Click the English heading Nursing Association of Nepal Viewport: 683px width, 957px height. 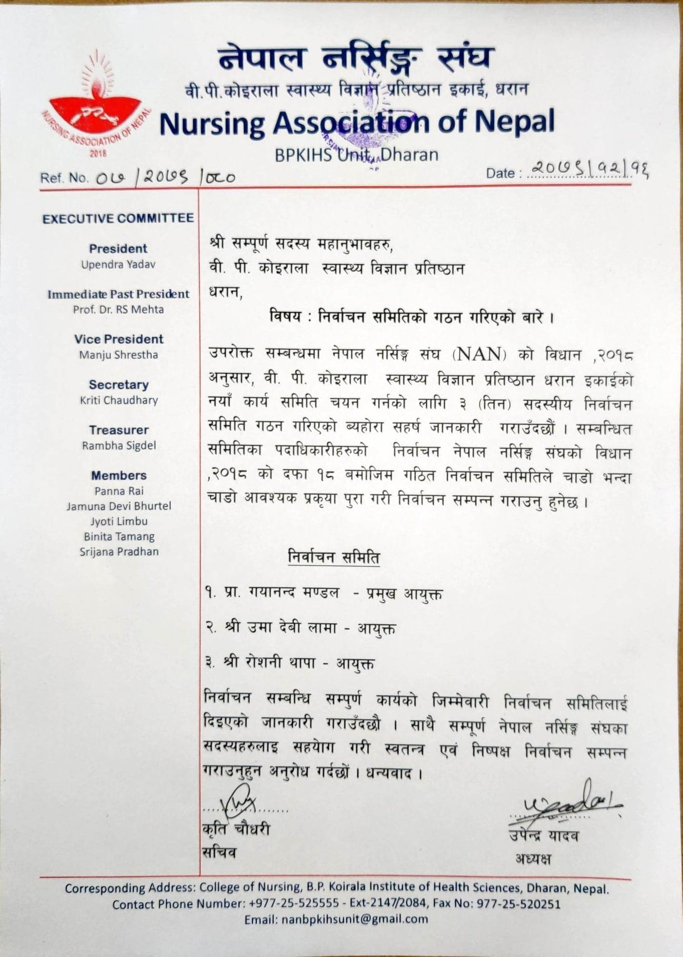(x=357, y=123)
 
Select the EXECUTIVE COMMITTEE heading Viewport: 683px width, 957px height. (x=118, y=219)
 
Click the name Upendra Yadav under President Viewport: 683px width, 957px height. (x=118, y=264)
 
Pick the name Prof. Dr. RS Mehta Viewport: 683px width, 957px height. (x=118, y=310)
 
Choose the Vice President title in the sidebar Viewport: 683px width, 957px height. (x=118, y=339)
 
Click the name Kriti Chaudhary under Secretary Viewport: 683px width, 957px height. (x=118, y=400)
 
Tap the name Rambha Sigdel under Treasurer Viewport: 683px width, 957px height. (x=118, y=445)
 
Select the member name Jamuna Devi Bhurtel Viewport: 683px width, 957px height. (x=118, y=506)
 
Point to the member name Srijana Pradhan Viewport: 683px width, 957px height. (x=118, y=552)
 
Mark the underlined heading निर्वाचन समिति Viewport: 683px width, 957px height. (x=334, y=557)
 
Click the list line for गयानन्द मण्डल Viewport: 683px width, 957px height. (x=323, y=594)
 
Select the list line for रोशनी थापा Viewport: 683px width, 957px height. (x=289, y=663)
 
